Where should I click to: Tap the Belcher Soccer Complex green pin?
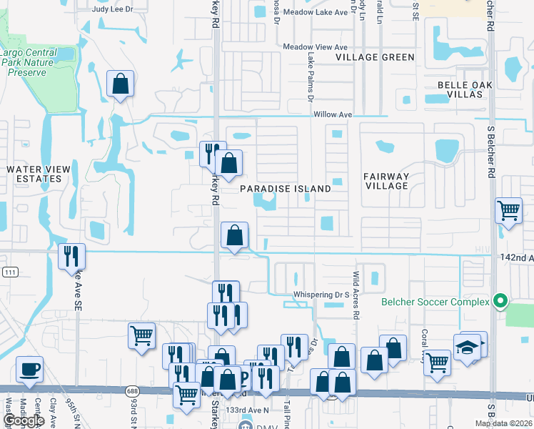pyautogui.click(x=500, y=302)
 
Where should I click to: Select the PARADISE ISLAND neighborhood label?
pyautogui.click(x=285, y=189)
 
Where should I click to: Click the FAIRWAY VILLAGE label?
pyautogui.click(x=386, y=181)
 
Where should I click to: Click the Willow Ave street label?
pyautogui.click(x=332, y=114)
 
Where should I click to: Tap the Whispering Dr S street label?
pyautogui.click(x=321, y=295)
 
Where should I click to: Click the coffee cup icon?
pyautogui.click(x=29, y=369)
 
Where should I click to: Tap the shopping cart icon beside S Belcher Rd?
pyautogui.click(x=508, y=210)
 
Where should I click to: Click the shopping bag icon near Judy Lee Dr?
pyautogui.click(x=121, y=84)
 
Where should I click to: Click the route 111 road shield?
pyautogui.click(x=9, y=272)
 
